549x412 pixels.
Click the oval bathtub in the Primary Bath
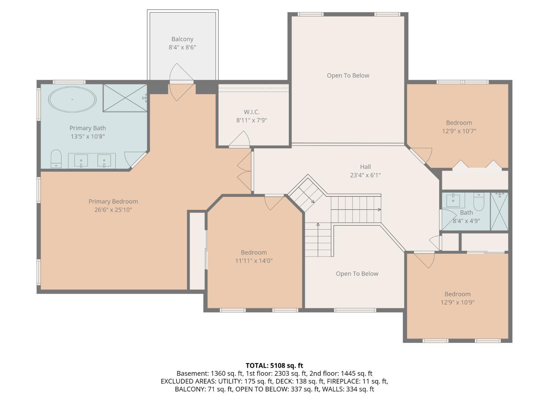(72, 99)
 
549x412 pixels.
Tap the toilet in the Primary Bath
(56, 158)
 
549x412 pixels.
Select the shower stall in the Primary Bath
(125, 98)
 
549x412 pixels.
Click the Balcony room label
(182, 39)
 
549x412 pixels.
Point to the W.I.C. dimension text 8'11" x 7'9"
(251, 120)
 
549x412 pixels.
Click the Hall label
(365, 167)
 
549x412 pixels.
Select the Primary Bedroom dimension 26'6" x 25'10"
(113, 210)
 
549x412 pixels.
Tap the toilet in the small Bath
(478, 200)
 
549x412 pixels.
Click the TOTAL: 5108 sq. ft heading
(274, 365)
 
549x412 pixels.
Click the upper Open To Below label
(348, 75)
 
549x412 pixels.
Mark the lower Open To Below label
(357, 274)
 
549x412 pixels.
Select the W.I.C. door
(240, 140)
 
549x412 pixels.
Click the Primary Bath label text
(87, 128)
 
